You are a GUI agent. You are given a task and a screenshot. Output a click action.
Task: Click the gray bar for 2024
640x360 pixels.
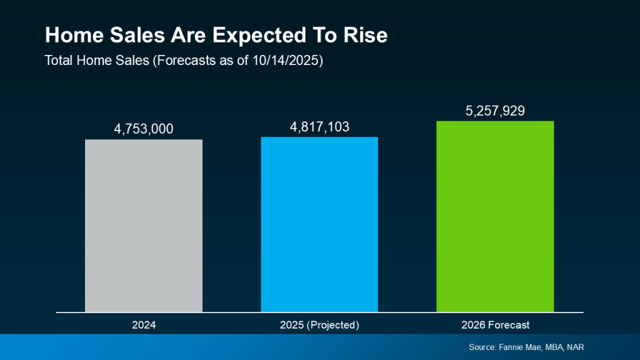144,225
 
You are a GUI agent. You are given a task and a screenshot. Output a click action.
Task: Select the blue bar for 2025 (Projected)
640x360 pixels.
319,224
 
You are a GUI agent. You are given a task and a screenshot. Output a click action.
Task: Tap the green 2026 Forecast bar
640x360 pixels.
495,216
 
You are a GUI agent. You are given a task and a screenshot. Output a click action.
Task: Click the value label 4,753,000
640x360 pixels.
144,129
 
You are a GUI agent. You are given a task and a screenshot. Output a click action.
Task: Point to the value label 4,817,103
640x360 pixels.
319,127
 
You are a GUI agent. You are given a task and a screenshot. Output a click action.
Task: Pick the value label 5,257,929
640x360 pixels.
495,111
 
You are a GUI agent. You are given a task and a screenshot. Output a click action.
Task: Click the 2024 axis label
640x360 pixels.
144,325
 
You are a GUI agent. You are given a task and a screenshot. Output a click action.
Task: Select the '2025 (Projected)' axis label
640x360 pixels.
319,325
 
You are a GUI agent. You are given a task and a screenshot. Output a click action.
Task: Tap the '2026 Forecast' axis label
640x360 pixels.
495,325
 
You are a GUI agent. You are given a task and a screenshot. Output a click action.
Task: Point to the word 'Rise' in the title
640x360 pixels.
366,36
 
